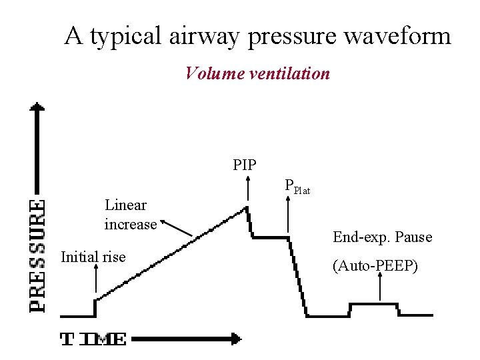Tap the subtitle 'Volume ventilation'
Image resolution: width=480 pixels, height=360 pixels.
click(257, 73)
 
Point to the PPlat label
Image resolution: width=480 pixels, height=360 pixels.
click(297, 187)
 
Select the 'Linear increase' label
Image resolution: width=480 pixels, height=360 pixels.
click(130, 215)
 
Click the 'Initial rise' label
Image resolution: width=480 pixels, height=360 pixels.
click(93, 257)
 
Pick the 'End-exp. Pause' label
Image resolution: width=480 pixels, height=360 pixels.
click(383, 237)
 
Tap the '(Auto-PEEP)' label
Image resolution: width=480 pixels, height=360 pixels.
click(375, 266)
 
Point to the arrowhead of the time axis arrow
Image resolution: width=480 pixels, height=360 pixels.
click(235, 339)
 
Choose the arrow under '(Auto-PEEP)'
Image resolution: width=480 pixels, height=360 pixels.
click(379, 287)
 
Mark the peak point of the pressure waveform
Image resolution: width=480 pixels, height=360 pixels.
click(247, 207)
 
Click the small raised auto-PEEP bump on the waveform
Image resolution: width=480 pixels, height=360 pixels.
click(374, 304)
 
